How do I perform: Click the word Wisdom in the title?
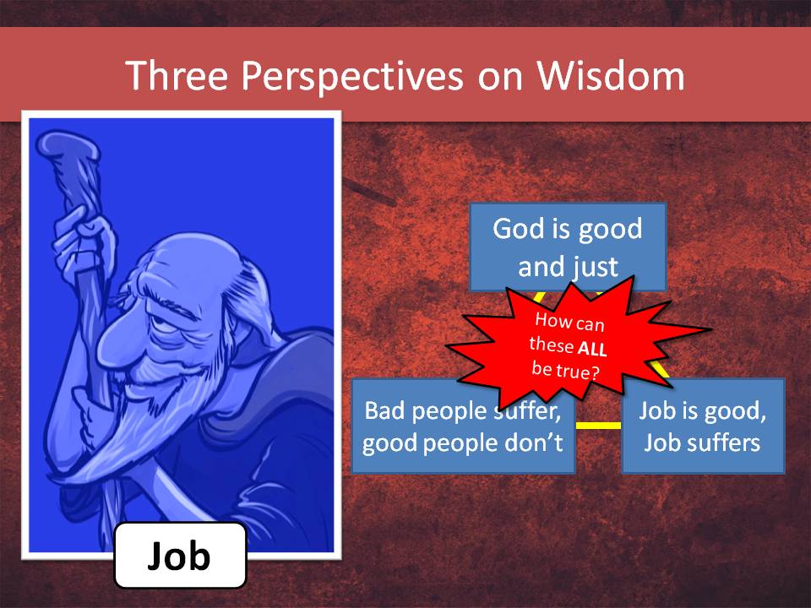(610, 76)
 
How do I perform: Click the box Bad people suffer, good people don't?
(463, 425)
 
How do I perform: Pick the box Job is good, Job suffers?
(703, 425)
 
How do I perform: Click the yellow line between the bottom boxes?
(598, 425)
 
